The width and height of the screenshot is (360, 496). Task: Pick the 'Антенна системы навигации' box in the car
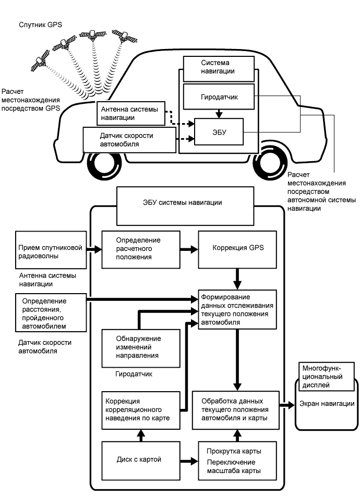coord(131,113)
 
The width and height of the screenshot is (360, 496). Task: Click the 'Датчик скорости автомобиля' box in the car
coord(127,140)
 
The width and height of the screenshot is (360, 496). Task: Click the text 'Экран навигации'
coord(327,404)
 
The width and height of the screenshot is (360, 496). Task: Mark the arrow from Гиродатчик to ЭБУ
coord(220,113)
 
